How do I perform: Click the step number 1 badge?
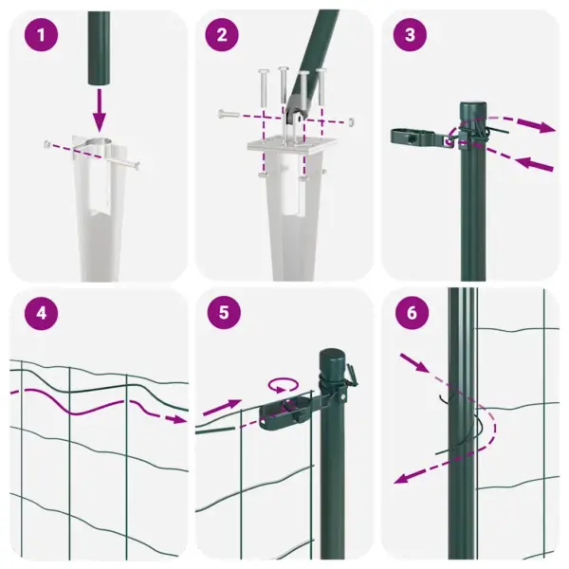(41, 37)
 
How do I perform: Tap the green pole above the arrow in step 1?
(99, 47)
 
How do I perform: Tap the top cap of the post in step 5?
(333, 357)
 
